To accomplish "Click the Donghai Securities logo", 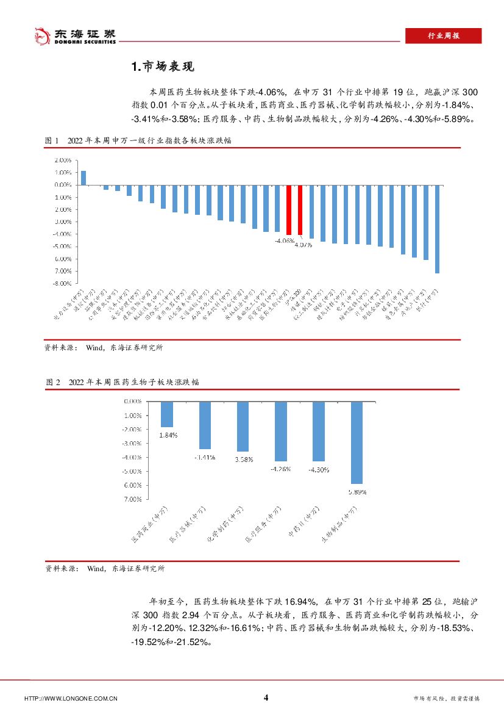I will point(74,36).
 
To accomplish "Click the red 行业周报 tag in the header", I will point(443,36).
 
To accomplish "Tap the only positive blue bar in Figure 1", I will point(83,178).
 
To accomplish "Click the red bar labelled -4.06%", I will point(288,209).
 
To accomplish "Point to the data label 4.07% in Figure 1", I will point(303,245).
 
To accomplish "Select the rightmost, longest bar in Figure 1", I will point(437,228).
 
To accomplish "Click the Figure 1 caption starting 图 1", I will point(141,140).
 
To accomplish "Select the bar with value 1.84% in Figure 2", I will point(166,414).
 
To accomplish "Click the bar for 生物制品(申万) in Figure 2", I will point(357,442).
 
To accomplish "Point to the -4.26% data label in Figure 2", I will point(281,469).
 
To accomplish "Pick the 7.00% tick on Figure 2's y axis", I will point(132,499).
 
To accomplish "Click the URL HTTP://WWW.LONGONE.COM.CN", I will point(70,699).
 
